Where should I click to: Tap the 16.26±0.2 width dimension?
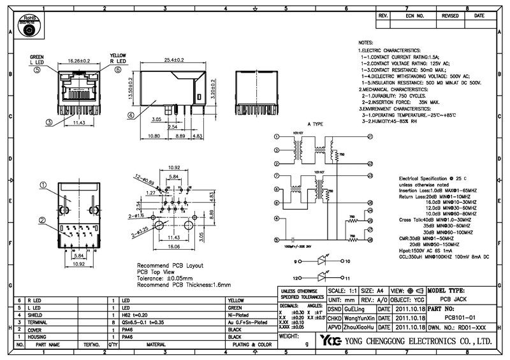pyautogui.click(x=76, y=61)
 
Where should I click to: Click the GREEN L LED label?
pyautogui.click(x=38, y=60)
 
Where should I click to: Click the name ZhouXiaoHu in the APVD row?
pyautogui.click(x=358, y=326)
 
